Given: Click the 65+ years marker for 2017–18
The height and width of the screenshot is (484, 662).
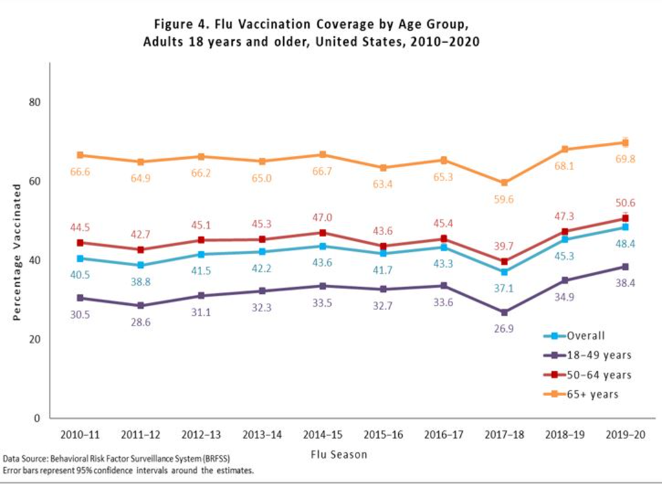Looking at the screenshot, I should (504, 182).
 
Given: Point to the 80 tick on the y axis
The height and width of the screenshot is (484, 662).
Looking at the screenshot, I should (35, 102).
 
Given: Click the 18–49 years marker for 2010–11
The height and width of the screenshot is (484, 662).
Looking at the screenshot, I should (80, 298).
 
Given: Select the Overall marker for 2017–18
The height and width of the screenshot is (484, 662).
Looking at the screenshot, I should (504, 272).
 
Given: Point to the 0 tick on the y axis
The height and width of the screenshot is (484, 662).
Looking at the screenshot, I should (37, 418).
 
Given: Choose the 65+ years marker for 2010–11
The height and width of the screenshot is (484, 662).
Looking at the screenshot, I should (80, 155).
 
